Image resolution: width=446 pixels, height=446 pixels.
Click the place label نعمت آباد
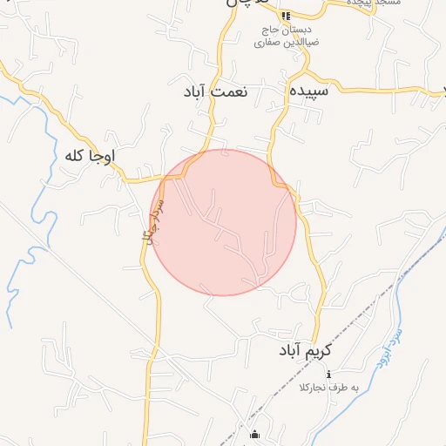tap(216, 91)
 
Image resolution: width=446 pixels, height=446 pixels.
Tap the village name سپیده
tap(309, 91)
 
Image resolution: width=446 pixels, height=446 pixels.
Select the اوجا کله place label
tap(90, 156)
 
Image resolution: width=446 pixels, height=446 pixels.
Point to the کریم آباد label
tap(307, 350)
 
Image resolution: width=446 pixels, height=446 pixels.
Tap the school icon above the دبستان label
tap(285, 16)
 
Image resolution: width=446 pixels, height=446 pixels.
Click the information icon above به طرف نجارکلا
tap(328, 374)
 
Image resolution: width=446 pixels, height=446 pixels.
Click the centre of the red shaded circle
tap(224, 222)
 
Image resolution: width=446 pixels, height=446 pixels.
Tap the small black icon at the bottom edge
tap(254, 435)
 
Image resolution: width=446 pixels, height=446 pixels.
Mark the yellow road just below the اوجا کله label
tap(131, 179)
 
